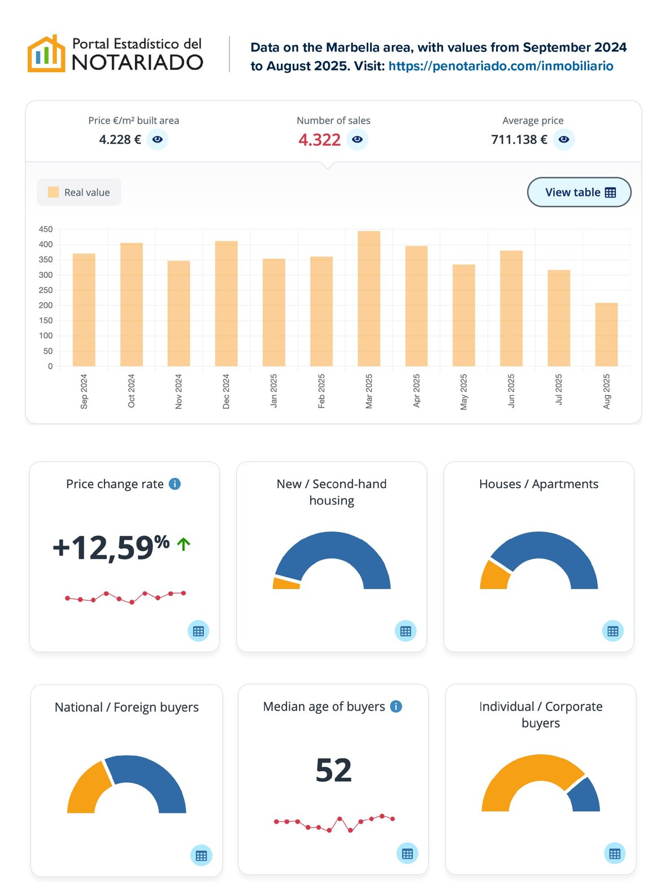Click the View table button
tap(579, 192)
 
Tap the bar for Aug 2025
tap(606, 334)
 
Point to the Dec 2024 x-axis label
tap(226, 391)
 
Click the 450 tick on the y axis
tap(46, 229)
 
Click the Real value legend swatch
tap(54, 192)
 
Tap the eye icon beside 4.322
tap(357, 140)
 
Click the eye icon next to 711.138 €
tap(564, 140)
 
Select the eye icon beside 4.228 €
tap(158, 140)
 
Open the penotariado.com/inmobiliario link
tap(501, 66)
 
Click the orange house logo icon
tap(46, 54)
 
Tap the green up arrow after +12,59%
tap(184, 544)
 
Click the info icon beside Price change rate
tap(175, 484)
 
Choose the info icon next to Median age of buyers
tap(397, 707)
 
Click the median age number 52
tap(333, 770)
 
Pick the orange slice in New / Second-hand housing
tap(286, 583)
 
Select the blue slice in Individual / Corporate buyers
tap(585, 795)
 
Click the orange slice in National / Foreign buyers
tap(88, 788)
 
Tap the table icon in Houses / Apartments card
tap(613, 631)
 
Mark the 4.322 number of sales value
tap(319, 140)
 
